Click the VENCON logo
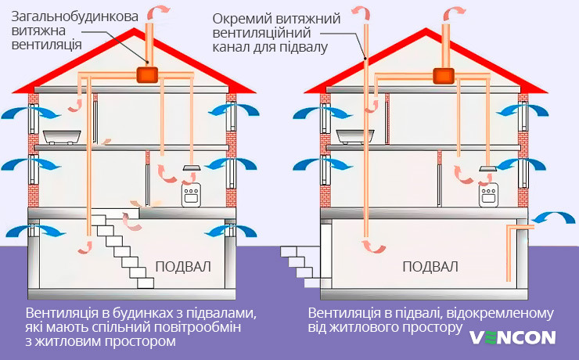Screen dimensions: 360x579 (x=512, y=337)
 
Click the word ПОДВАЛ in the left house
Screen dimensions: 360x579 (x=183, y=266)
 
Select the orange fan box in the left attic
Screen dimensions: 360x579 (x=146, y=75)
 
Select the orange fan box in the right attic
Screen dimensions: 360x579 (x=443, y=75)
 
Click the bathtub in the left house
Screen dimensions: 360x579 (x=63, y=137)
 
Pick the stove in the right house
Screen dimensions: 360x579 (x=490, y=195)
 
